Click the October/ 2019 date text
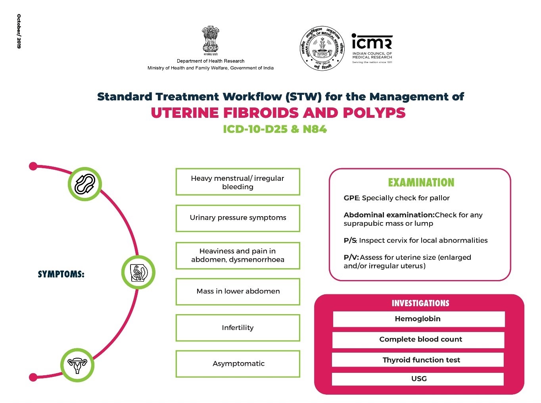pos(19,31)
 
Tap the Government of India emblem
pos(210,40)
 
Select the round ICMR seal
pos(322,48)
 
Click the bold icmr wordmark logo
pos(372,42)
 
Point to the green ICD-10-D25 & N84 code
pos(274,129)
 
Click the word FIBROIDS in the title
pos(261,113)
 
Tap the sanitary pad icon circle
pos(84,184)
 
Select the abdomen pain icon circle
pos(138,272)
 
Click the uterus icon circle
pos(77,365)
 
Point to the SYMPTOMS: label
pos(61,274)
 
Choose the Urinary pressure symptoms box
pos(238,218)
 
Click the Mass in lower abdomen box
pos(238,292)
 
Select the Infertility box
pos(238,328)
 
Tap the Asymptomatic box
pos(238,364)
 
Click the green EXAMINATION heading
pos(421,182)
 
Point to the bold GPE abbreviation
pos(351,198)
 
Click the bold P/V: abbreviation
pos(351,257)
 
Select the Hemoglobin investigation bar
pos(418,319)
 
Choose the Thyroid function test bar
pos(418,360)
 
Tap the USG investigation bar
pos(418,379)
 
